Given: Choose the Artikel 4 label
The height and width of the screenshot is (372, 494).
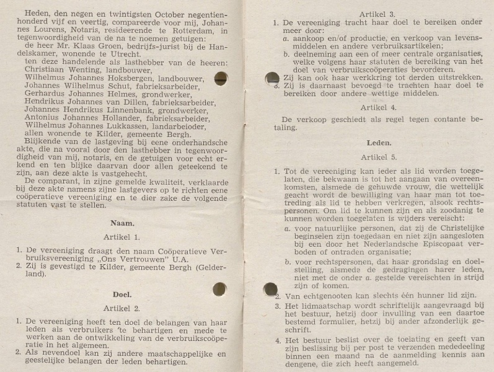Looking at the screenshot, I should (377, 106).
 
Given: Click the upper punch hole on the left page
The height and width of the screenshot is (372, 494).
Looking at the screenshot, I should (220, 78).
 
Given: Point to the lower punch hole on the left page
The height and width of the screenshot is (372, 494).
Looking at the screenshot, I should (219, 289).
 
